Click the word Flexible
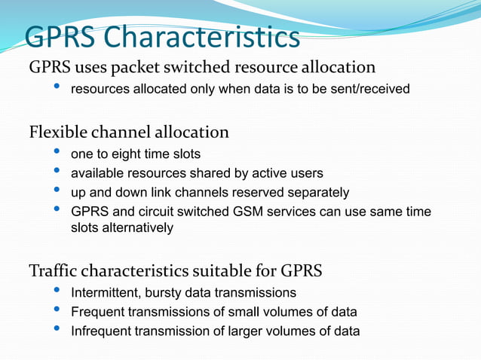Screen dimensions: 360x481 pyautogui.click(x=59, y=133)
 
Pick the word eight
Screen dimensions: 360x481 pyautogui.click(x=127, y=154)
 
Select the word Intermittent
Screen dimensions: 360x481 pyautogui.click(x=105, y=292)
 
